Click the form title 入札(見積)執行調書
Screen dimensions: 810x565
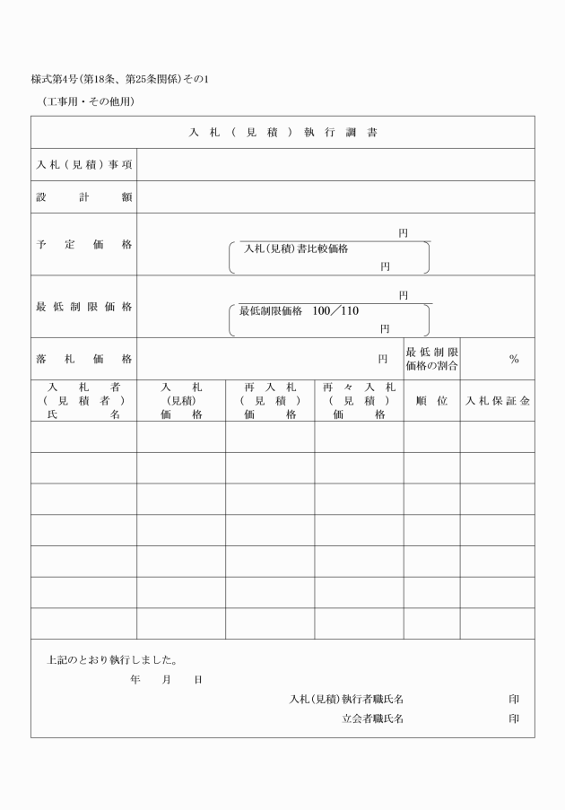tap(283, 133)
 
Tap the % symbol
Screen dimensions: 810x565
tap(514, 359)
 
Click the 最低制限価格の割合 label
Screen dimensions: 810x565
tap(431, 359)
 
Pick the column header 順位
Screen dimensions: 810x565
tap(431, 401)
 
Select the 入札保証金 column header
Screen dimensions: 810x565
tap(497, 401)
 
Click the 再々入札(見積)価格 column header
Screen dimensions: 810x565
tap(359, 401)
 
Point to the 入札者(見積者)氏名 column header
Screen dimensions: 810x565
tap(84, 401)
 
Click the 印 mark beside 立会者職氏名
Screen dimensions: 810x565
tap(514, 719)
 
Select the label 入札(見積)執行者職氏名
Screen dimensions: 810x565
tap(352, 699)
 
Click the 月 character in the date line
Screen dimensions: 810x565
tap(167, 680)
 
